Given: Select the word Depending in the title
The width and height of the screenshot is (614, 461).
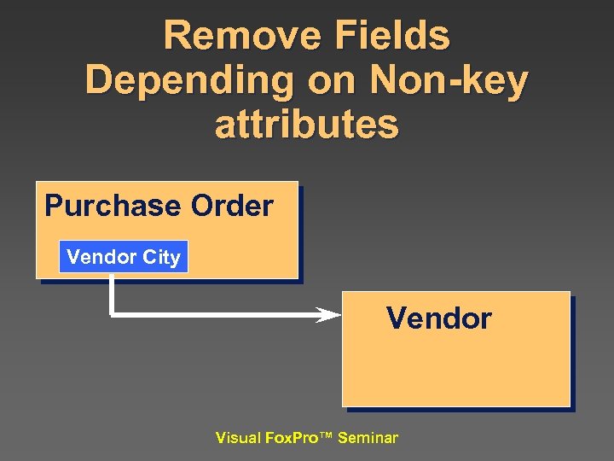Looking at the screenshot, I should pyautogui.click(x=180, y=81).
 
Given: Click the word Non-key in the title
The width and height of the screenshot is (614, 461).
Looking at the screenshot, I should pyautogui.click(x=449, y=81).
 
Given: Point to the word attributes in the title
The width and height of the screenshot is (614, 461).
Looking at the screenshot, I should pyautogui.click(x=307, y=125).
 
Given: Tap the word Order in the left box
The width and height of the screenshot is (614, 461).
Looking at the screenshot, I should pyautogui.click(x=232, y=207).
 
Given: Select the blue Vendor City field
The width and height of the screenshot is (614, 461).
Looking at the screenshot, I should pyautogui.click(x=124, y=257).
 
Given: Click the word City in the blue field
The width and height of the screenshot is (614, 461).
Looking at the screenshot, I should pyautogui.click(x=162, y=257).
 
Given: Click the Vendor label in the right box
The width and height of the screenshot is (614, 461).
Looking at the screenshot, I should pyautogui.click(x=438, y=318).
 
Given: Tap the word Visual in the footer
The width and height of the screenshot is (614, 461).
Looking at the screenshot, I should pyautogui.click(x=238, y=438).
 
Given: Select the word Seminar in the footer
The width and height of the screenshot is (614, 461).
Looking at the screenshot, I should pyautogui.click(x=368, y=438).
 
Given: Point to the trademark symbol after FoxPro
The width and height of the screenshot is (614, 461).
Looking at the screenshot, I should pyautogui.click(x=326, y=437).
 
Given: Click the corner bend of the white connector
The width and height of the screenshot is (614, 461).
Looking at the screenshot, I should pyautogui.click(x=112, y=314).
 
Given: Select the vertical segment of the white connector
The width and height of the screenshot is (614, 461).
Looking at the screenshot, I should pyautogui.click(x=111, y=295).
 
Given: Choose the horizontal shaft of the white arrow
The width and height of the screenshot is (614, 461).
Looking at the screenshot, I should pyautogui.click(x=213, y=315).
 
